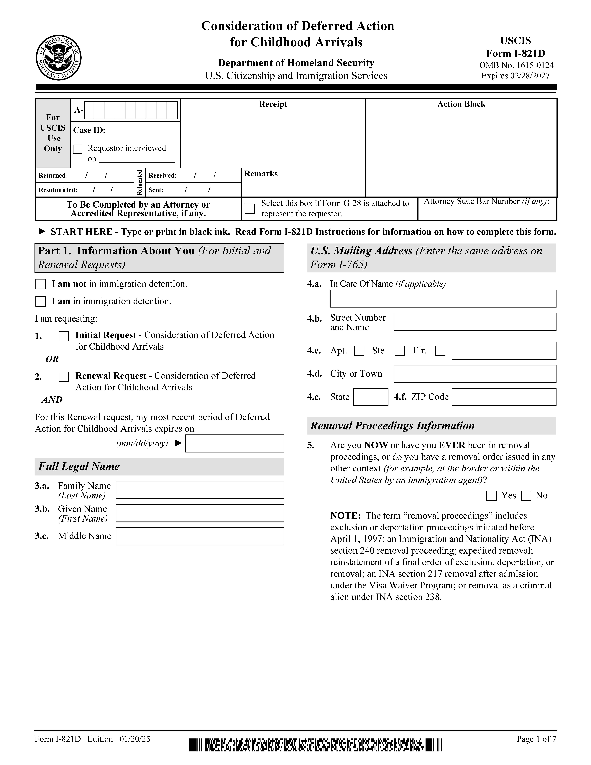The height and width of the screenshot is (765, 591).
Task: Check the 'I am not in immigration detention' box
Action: (41, 284)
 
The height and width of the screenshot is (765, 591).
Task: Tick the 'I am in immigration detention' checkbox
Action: (41, 302)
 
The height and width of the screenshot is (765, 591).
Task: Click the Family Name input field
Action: (200, 490)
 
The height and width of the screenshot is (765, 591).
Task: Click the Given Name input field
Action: (200, 513)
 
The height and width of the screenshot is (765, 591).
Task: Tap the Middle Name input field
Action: (200, 536)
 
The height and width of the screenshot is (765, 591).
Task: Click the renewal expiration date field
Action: (234, 443)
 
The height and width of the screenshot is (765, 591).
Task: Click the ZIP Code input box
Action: (503, 397)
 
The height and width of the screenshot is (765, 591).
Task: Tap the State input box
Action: (370, 397)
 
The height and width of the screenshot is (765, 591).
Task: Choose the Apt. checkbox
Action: (359, 351)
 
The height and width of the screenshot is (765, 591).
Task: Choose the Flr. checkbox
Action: (440, 351)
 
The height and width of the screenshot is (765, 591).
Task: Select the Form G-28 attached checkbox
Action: (250, 208)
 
